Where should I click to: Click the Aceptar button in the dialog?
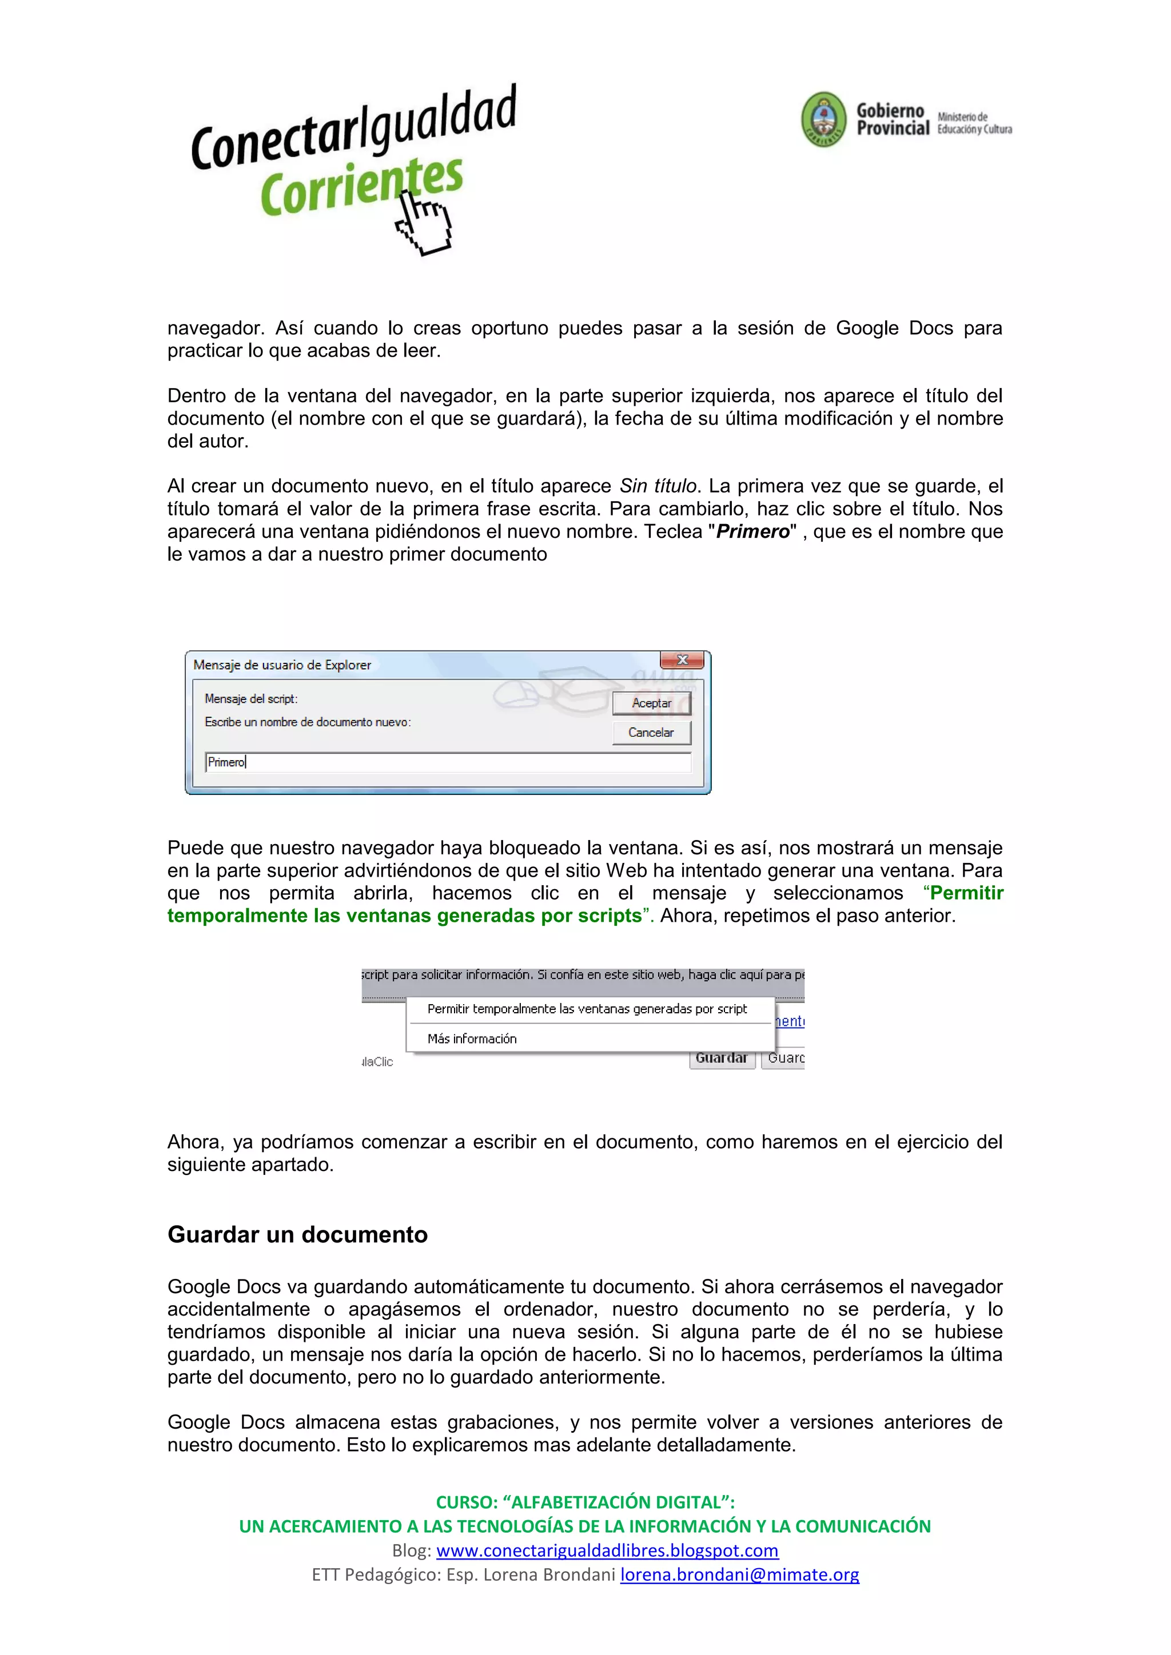point(651,703)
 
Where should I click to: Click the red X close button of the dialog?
point(682,659)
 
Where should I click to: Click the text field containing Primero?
point(447,762)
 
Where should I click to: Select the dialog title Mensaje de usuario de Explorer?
point(282,665)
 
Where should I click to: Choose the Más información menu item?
point(472,1039)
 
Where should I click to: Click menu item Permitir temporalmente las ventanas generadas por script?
point(587,1009)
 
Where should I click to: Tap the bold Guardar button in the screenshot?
point(721,1058)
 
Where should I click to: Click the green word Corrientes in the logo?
point(361,186)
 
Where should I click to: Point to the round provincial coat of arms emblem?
point(823,119)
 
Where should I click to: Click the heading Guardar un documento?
point(297,1234)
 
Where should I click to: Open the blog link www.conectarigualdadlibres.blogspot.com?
point(607,1550)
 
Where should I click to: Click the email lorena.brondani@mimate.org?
point(739,1574)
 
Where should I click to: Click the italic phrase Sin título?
point(658,486)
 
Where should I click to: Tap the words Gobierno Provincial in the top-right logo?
point(892,119)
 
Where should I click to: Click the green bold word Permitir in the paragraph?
point(966,893)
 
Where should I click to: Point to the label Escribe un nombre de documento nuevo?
point(307,722)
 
